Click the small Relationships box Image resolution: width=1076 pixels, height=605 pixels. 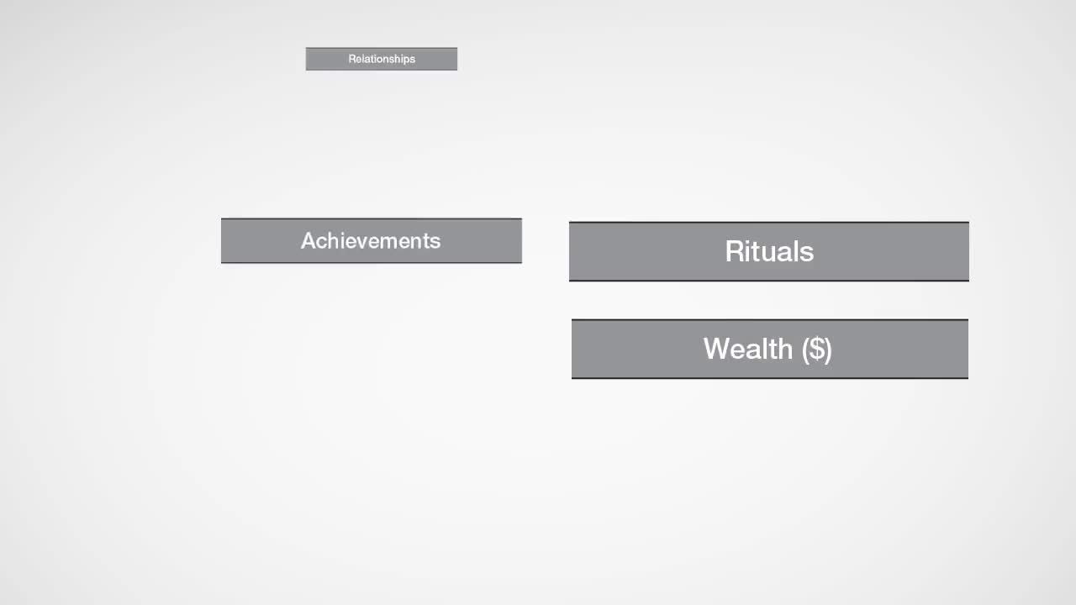coord(382,59)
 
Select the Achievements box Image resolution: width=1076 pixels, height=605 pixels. coord(372,240)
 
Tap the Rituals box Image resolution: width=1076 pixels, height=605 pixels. coord(769,251)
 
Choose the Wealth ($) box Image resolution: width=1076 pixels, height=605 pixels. coord(769,349)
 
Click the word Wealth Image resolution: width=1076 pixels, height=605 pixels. coord(748,349)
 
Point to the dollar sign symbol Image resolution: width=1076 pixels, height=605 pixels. coord(816,349)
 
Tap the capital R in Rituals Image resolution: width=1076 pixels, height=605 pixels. coord(736,250)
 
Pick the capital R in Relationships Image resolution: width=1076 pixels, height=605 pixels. coord(351,59)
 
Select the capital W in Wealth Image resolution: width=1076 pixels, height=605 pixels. coord(718,349)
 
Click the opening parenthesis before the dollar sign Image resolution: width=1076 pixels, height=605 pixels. coord(804,350)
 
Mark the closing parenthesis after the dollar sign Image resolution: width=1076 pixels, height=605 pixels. coord(829,350)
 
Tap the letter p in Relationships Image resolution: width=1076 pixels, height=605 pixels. coord(406,60)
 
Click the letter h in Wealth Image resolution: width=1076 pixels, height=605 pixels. coord(785,349)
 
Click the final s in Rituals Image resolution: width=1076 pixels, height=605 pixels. coord(807,254)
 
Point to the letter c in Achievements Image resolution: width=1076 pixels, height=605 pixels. coord(325,243)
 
